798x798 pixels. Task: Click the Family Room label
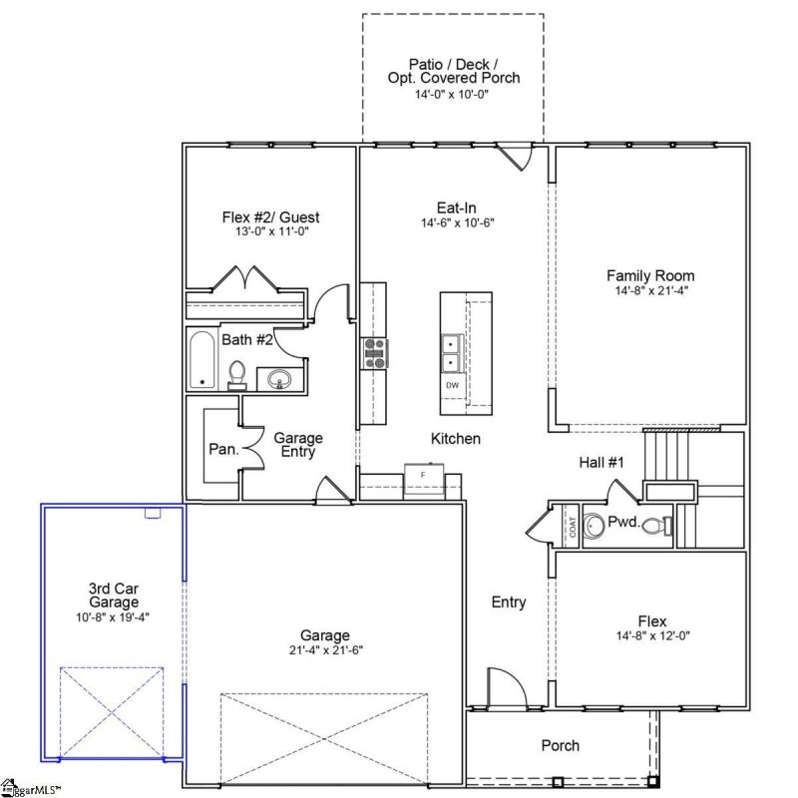coord(650,276)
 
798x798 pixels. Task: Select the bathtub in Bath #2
coord(203,360)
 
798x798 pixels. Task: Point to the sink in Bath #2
coord(278,379)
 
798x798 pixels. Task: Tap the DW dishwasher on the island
coord(452,385)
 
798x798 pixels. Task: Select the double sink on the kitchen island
coord(452,351)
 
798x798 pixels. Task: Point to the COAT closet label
coord(572,526)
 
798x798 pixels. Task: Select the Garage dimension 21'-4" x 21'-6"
coord(325,652)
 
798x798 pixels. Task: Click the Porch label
coord(560,745)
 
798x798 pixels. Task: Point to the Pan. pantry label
coord(223,449)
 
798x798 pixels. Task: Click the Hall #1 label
coord(600,462)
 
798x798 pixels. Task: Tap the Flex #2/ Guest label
coord(270,216)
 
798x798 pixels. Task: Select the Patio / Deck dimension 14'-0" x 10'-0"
coord(453,94)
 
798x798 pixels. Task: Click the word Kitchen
coord(456,439)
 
